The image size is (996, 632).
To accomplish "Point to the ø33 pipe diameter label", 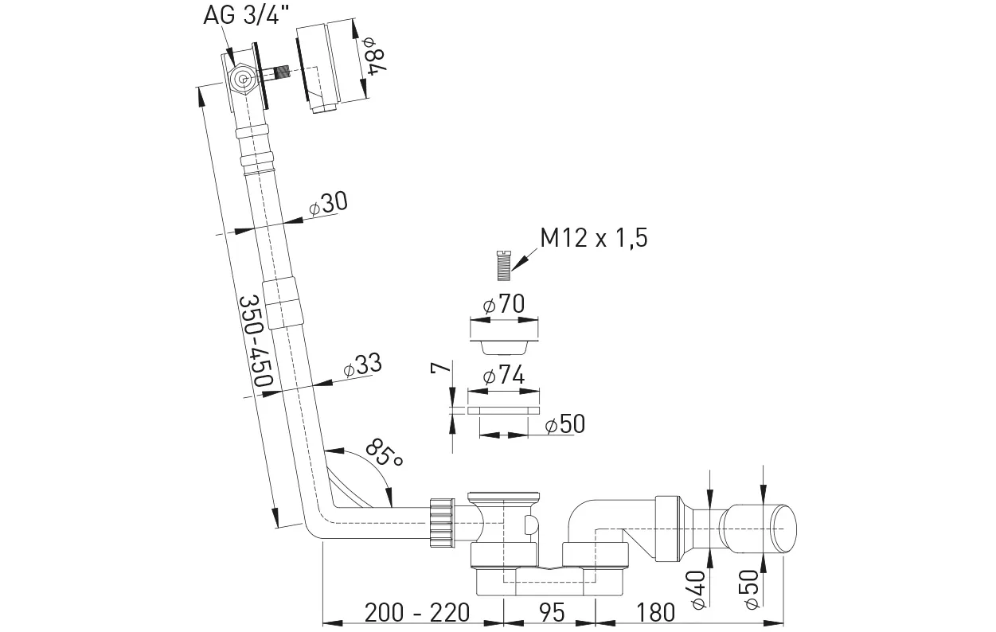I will click(362, 366).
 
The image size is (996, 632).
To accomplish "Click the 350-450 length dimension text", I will click(256, 342).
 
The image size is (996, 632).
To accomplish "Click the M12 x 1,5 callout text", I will click(592, 238).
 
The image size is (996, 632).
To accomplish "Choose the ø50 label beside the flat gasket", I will click(564, 424).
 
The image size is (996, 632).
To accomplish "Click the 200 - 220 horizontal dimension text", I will click(417, 612).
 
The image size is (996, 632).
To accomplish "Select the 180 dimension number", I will click(655, 612).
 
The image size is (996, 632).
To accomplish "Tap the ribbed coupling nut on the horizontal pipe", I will click(440, 521).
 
